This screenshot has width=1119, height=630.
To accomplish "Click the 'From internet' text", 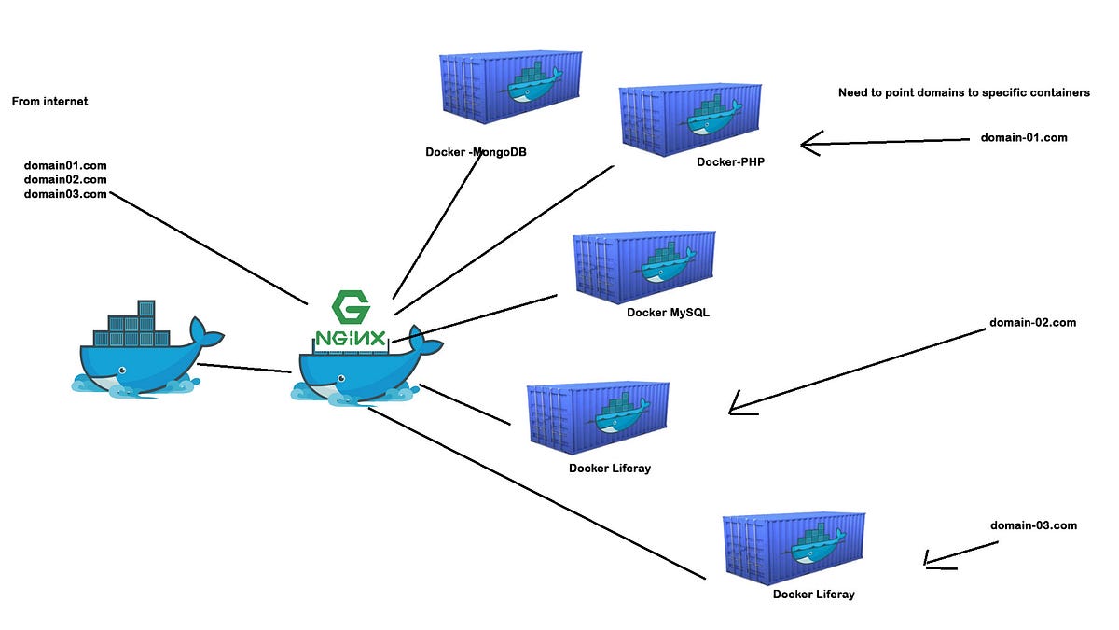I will tap(49, 101).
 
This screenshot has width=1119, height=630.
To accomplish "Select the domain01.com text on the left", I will tap(65, 165).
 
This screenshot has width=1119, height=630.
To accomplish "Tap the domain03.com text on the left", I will tap(65, 194).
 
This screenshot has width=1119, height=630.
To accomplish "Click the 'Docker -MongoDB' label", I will tap(476, 152).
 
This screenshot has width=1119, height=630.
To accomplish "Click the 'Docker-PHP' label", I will tap(730, 161).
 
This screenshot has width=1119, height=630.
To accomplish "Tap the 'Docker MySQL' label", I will tap(668, 313).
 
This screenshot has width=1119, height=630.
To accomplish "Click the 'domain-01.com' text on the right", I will tap(1024, 137).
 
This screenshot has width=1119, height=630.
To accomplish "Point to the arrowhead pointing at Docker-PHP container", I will tap(808, 144).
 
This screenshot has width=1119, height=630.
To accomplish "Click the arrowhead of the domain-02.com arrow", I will tap(737, 406).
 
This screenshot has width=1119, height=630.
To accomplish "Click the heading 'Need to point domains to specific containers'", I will tap(963, 92).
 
